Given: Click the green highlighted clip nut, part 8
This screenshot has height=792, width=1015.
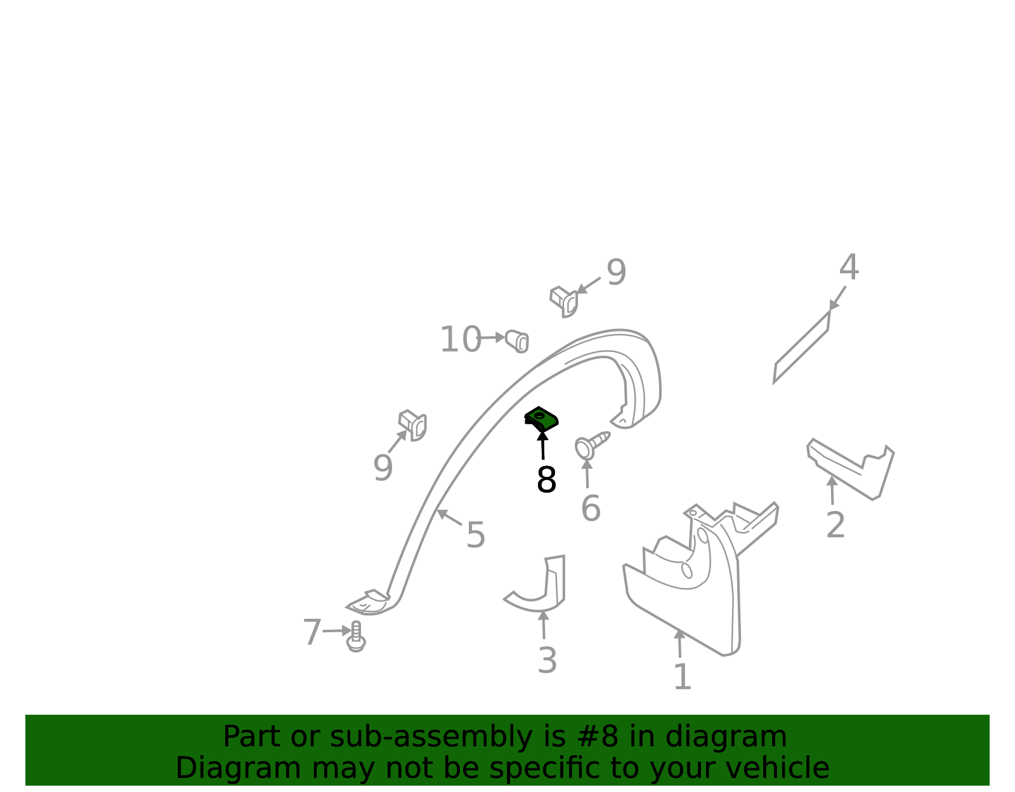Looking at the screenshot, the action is tap(541, 419).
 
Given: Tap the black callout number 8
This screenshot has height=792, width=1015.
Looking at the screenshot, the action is tap(546, 479).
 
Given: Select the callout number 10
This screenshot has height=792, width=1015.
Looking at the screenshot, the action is tap(461, 339).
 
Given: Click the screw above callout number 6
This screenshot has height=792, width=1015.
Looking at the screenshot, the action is tap(591, 445).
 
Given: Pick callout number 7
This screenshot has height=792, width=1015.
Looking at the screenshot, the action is tap(312, 632).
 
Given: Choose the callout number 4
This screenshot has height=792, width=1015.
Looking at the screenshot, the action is tap(849, 268).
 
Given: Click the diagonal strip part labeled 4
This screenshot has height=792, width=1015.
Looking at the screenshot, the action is tap(801, 347).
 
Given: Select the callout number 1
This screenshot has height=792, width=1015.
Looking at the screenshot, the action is tap(683, 677).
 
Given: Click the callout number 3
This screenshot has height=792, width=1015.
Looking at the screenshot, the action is tap(547, 661).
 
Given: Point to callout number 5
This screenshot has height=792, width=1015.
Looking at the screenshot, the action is tap(476, 535).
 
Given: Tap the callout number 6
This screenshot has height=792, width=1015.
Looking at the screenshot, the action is tap(591, 509).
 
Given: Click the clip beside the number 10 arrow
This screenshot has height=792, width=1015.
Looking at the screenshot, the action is tap(518, 341).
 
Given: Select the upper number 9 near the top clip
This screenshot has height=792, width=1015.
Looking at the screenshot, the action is tap(616, 273).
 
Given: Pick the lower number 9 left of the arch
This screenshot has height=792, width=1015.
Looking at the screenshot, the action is tap(383, 468).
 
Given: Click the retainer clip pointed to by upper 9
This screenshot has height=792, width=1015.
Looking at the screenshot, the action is tap(564, 302).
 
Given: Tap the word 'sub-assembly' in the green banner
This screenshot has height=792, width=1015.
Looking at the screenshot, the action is tap(431, 737).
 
